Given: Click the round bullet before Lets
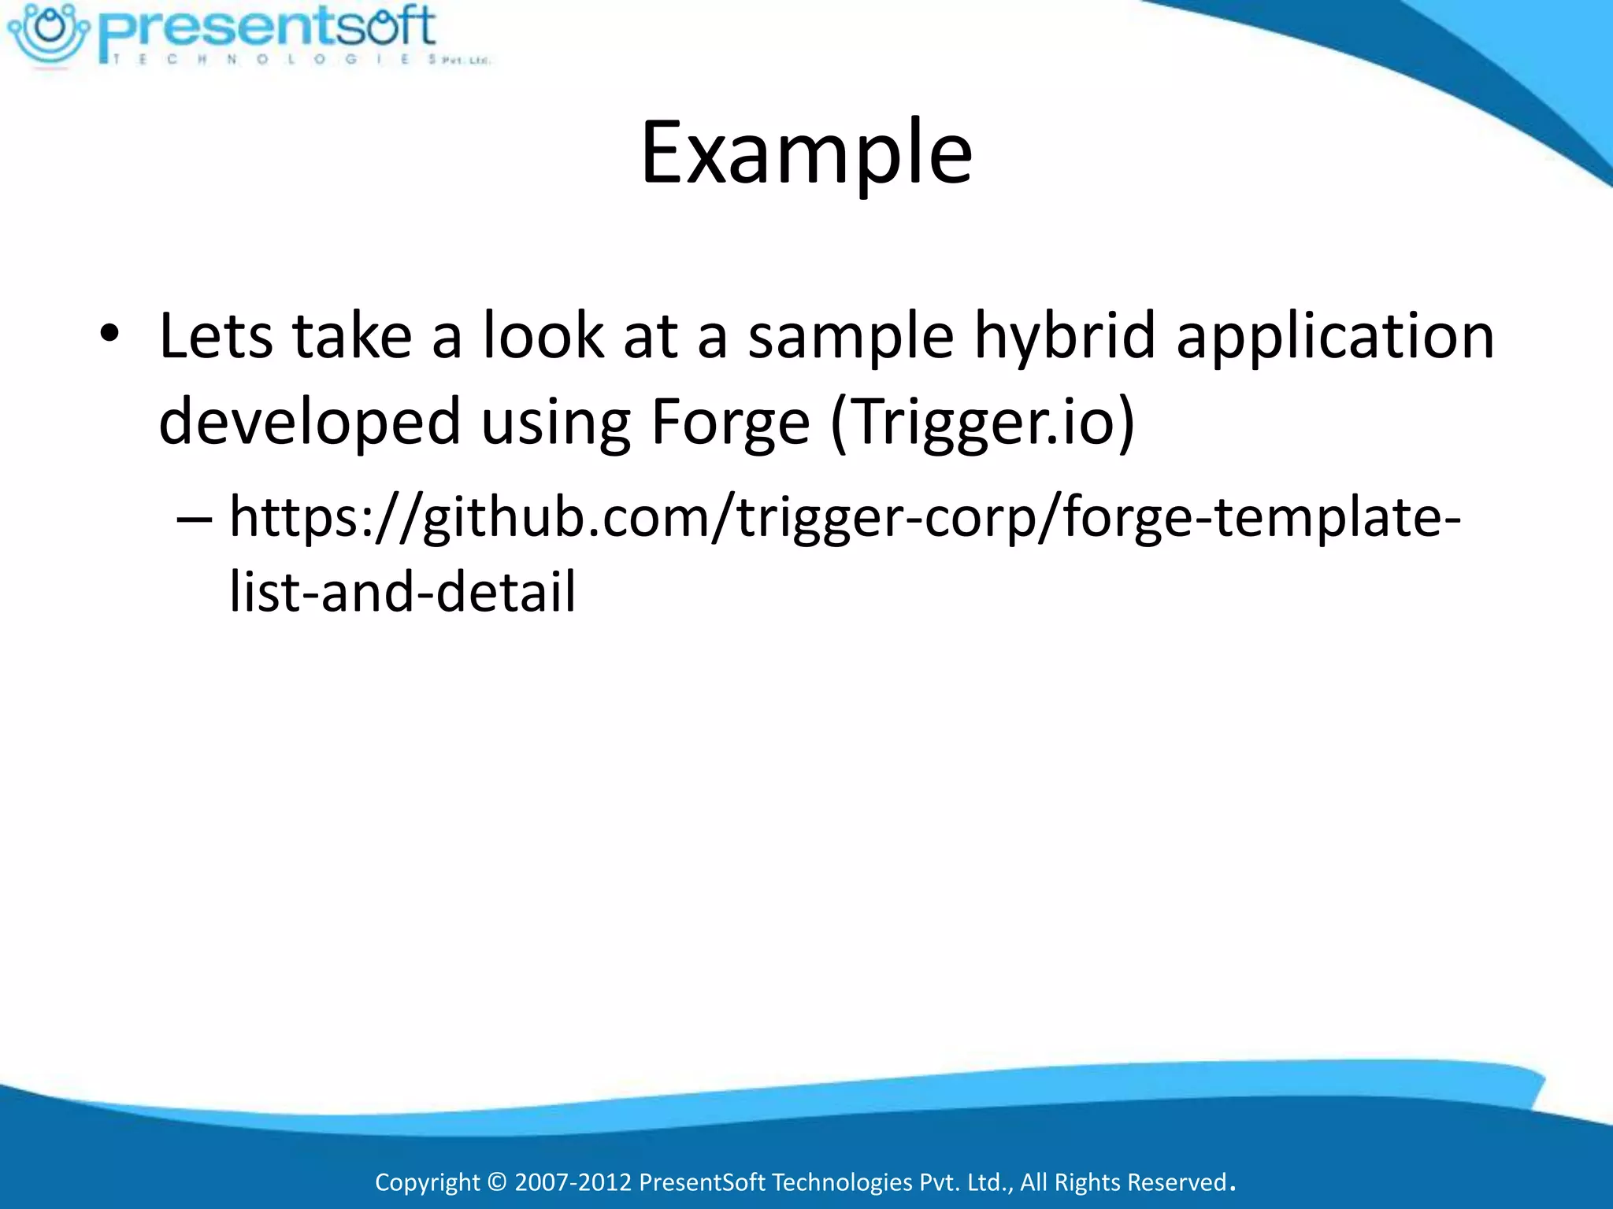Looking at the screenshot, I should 109,335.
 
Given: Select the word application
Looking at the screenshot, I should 1335,337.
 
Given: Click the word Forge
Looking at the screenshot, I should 730,422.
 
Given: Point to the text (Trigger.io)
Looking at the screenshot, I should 983,422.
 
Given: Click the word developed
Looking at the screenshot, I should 310,422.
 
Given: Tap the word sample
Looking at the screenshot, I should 851,337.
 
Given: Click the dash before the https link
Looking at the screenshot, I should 194,518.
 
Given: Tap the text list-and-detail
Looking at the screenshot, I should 402,592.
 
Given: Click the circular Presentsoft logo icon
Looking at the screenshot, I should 50,33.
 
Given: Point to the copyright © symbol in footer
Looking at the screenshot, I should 497,1181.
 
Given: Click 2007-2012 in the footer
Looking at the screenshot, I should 573,1181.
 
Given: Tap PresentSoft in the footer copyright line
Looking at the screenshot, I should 702,1181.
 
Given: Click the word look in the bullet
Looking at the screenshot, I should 543,337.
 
